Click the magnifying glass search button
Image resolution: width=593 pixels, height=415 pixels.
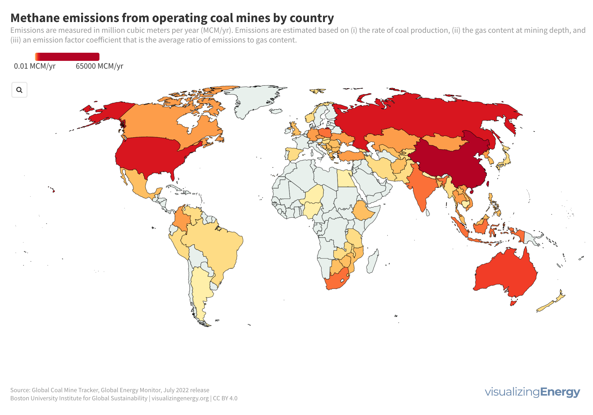pos(19,90)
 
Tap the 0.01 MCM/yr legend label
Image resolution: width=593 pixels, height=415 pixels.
pos(35,66)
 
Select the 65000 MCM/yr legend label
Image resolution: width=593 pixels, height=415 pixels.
pos(99,66)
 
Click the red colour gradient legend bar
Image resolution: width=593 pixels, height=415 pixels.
pos(67,57)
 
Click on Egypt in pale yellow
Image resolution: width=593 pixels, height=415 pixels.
pos(345,178)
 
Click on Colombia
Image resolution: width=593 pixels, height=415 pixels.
pos(181,218)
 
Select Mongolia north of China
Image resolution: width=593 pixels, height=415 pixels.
pos(443,142)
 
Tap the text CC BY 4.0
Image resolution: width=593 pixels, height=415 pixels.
pos(225,398)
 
